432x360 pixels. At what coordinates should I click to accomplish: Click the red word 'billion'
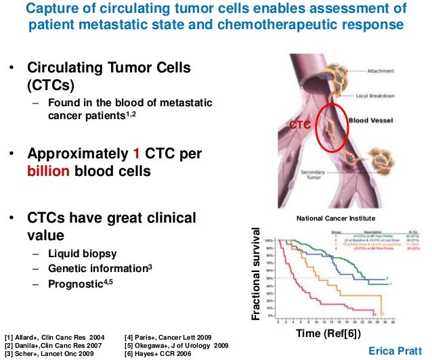point(47,171)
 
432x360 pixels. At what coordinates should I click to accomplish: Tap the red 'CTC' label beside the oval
point(299,125)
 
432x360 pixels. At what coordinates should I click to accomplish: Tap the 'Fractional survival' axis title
point(256,273)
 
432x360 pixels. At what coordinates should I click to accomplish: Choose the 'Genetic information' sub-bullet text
point(98,269)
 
